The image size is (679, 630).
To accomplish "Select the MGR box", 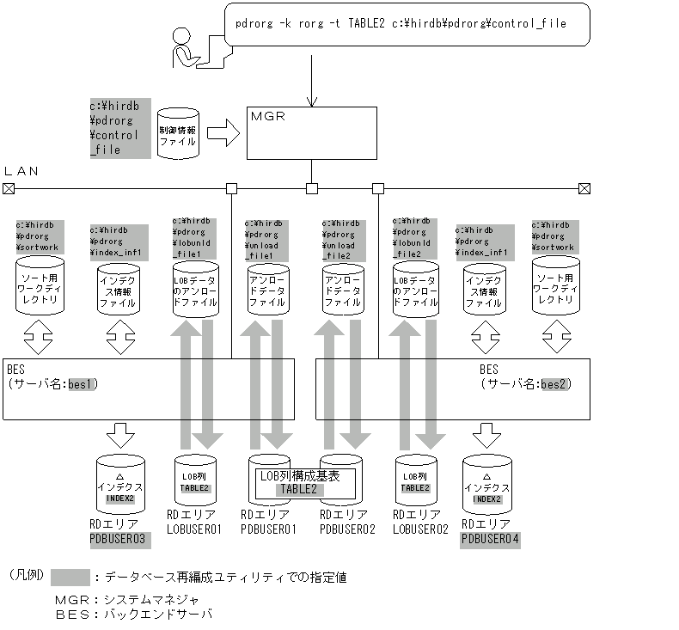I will coord(311,132).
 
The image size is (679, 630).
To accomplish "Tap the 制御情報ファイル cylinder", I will coord(178,133).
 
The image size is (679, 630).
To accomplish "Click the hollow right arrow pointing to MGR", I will coord(223,133).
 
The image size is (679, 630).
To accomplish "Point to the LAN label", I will coord(21,171).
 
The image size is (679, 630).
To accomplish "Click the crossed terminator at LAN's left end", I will coord(9,188).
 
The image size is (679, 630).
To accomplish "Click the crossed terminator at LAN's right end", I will coord(584,188).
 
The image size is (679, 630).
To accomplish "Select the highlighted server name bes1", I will coord(83,383).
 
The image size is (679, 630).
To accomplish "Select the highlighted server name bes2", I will coord(555,383).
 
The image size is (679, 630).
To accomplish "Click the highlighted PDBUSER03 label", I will coord(119,540).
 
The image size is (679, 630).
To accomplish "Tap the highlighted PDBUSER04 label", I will coord(490,540).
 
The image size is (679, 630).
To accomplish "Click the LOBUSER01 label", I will coord(193,529).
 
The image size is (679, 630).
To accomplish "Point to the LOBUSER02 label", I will coord(421,529).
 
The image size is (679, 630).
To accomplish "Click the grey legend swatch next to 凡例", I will coord(70,577).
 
